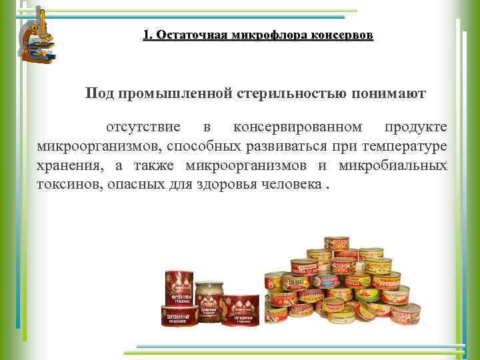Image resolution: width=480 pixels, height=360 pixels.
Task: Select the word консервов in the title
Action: tap(342, 35)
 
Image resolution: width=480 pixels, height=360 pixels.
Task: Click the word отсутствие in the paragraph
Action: tap(141, 127)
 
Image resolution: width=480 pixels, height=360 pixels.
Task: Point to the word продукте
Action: tap(416, 127)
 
